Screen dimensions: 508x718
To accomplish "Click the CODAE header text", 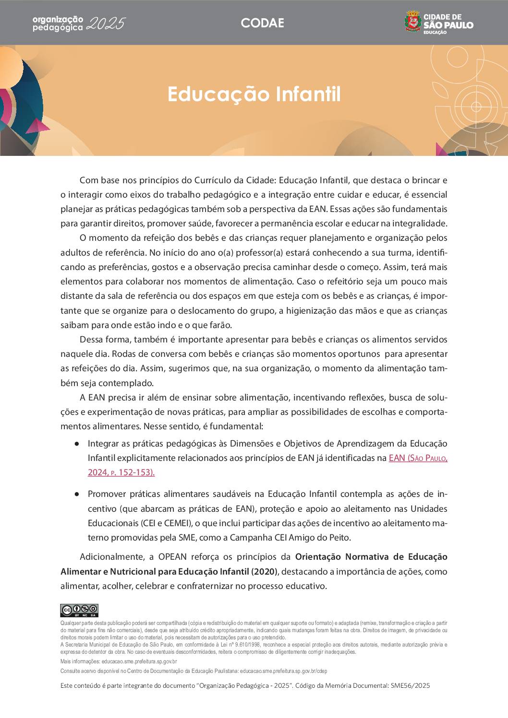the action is click(262, 23).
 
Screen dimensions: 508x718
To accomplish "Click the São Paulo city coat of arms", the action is click(412, 23).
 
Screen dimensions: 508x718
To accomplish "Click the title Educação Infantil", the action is click(254, 94).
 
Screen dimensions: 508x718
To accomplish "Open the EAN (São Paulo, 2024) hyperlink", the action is click(418, 458).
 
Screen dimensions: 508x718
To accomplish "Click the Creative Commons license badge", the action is click(79, 611).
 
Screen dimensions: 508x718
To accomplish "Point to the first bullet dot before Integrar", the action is click(77, 444).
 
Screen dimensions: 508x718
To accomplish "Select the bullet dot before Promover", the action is click(77, 494).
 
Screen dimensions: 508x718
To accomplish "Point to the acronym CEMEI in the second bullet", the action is click(175, 523).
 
